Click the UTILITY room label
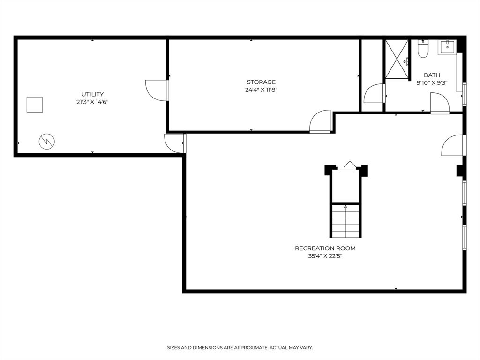(92, 94)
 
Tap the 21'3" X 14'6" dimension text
(92, 102)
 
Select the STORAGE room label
(261, 82)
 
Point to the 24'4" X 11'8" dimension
(261, 90)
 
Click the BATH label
(432, 75)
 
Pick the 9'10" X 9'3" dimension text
(432, 82)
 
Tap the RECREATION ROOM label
(325, 248)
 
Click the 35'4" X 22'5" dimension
(325, 256)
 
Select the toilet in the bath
(423, 49)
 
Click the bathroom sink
(447, 46)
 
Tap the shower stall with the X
(397, 59)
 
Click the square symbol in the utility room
(34, 105)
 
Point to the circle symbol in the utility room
(46, 141)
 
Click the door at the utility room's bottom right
(175, 143)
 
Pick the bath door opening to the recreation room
(439, 103)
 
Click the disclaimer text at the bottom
(240, 348)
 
